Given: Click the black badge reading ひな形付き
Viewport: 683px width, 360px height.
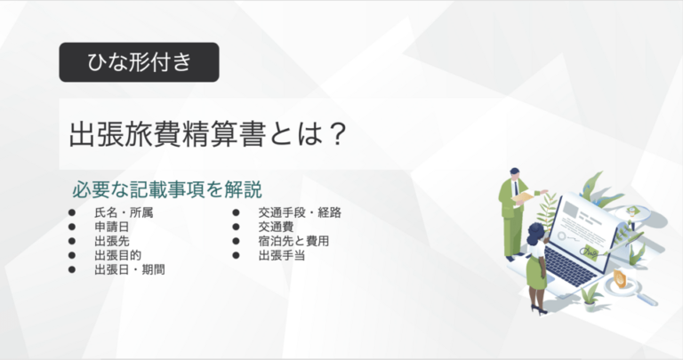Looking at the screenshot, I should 139,62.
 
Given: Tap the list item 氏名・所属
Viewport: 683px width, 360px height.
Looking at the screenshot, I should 123,213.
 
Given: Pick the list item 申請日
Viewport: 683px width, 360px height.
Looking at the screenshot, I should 111,228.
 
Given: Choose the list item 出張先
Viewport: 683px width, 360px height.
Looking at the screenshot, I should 111,241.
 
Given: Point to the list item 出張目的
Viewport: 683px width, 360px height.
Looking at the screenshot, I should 117,255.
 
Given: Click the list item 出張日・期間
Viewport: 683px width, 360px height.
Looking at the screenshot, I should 129,269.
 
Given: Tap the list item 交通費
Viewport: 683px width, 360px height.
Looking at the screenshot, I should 276,228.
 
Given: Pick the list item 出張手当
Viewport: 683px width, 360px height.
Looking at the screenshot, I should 282,255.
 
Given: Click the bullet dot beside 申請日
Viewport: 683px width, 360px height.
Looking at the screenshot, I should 72,228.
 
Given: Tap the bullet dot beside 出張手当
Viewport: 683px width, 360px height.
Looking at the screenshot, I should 237,255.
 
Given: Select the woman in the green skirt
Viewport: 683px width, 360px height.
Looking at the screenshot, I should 536,267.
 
